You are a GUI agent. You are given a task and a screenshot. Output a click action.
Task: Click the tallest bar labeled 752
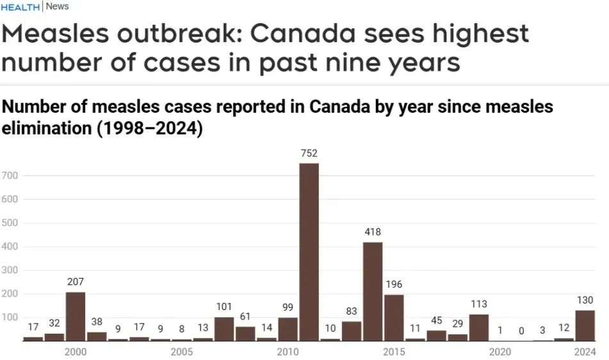pyautogui.click(x=309, y=251)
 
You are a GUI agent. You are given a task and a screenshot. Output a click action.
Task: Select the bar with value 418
pyautogui.click(x=373, y=291)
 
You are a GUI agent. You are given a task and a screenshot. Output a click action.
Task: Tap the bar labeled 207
pyautogui.click(x=76, y=316)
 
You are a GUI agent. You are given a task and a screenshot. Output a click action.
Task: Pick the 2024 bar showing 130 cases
pyautogui.click(x=585, y=325)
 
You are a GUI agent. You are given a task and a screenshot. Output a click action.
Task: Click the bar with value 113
pyautogui.click(x=478, y=327)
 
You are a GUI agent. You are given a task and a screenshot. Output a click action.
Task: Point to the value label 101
pyautogui.click(x=224, y=307)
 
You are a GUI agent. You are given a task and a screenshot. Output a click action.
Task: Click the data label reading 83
pyautogui.click(x=351, y=311)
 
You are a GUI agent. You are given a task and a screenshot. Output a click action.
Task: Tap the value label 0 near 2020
pyautogui.click(x=521, y=331)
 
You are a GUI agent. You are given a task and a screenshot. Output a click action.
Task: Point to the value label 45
pyautogui.click(x=436, y=320)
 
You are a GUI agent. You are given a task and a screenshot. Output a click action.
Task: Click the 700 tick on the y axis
pyautogui.click(x=10, y=176)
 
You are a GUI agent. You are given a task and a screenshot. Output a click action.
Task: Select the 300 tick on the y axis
pyautogui.click(x=10, y=270)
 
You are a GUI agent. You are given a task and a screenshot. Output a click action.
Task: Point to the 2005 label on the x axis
pyautogui.click(x=181, y=352)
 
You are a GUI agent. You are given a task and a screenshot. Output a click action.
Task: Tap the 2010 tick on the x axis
pyautogui.click(x=288, y=352)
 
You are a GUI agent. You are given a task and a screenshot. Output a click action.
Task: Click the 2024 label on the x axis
pyautogui.click(x=585, y=352)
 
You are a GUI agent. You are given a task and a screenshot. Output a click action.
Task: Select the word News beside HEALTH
pyautogui.click(x=58, y=7)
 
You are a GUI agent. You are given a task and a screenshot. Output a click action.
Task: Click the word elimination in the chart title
pyautogui.click(x=47, y=129)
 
